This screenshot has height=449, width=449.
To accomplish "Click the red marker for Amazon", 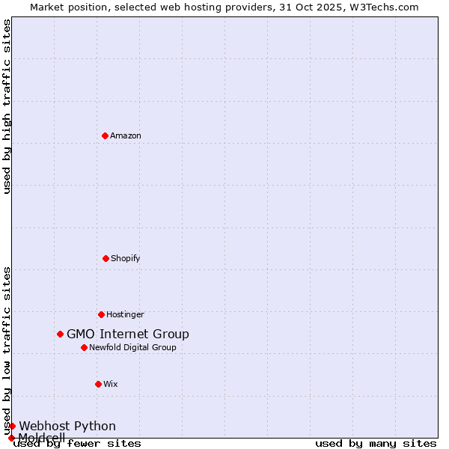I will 105,135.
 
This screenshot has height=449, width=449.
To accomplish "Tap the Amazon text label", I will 126,136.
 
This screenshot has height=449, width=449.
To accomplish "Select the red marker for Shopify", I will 106,258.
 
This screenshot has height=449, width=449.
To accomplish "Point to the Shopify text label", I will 126,259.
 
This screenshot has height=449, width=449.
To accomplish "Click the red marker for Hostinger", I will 101,314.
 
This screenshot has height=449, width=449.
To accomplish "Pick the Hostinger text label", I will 125,315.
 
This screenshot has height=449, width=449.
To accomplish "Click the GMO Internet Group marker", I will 60,334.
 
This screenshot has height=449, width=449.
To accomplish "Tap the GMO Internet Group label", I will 128,335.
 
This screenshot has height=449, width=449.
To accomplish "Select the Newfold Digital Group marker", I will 84,347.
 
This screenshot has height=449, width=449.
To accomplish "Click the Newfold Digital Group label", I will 133,348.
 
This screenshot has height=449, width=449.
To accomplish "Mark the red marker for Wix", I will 98,384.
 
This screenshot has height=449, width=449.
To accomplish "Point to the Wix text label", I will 111,385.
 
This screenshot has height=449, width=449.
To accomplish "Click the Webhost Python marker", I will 12,426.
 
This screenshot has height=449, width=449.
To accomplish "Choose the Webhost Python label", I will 67,427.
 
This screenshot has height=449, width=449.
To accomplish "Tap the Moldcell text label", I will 42,437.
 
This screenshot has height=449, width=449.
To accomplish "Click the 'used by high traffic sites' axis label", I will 7,106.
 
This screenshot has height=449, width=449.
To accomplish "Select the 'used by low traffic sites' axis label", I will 7,350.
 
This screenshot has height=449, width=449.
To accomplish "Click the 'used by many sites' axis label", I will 376,444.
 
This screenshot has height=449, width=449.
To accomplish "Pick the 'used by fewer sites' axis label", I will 78,444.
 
